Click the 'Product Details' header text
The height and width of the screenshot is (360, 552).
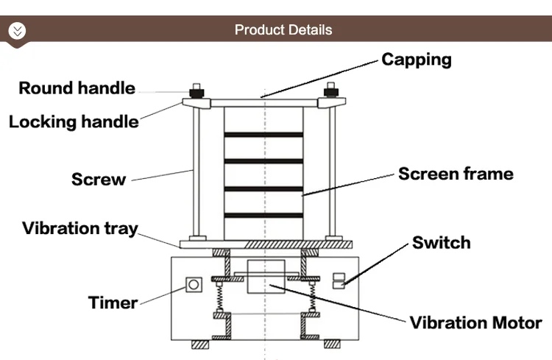[x=283, y=30]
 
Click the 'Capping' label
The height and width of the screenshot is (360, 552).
[x=416, y=60]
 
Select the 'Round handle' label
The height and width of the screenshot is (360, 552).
[x=77, y=88]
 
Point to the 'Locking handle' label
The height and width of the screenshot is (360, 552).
[x=74, y=121]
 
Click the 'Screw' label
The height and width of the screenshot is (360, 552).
[x=99, y=179]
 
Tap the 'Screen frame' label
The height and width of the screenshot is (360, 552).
[x=456, y=174]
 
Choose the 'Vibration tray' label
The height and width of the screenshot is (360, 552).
[x=79, y=227]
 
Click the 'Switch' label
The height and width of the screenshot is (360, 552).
[x=441, y=243]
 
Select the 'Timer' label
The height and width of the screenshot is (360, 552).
[x=113, y=303]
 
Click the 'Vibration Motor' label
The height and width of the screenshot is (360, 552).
[x=475, y=322]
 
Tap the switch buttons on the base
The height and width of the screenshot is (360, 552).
[x=338, y=280]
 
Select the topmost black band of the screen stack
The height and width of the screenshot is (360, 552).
[x=263, y=135]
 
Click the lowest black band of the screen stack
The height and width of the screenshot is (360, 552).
[x=263, y=215]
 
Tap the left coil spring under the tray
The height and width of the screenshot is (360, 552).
[x=218, y=295]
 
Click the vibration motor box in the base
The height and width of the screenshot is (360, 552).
[x=264, y=277]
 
